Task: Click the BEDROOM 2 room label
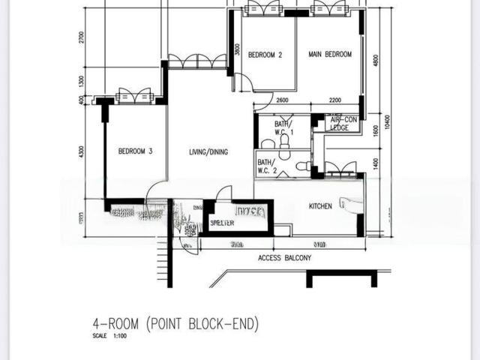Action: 265,55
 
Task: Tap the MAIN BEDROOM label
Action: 330,55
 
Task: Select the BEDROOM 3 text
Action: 136,151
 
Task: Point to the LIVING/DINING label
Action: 208,152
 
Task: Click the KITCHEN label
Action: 320,206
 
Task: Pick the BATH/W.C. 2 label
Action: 267,166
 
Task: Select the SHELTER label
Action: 223,223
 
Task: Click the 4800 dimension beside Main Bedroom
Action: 376,60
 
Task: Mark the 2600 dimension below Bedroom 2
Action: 282,100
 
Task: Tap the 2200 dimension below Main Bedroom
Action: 334,100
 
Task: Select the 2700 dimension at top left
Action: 82,37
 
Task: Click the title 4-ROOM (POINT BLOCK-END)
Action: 175,324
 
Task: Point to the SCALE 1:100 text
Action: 110,337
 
